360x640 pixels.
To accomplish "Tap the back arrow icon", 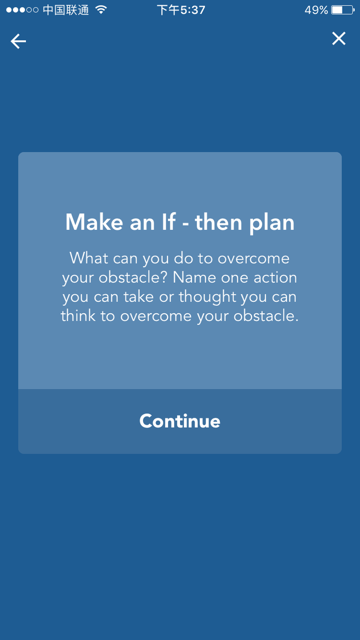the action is click(18, 41).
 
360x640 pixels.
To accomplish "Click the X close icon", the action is click(339, 38).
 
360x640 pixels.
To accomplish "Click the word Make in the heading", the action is click(94, 222).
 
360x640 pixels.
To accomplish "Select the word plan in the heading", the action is click(271, 223).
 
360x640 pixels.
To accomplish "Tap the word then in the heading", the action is click(218, 222).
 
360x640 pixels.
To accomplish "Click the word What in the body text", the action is click(89, 258).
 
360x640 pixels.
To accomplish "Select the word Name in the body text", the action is click(194, 277).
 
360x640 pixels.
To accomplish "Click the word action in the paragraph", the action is click(275, 277).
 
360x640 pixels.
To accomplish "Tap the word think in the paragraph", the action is click(78, 315).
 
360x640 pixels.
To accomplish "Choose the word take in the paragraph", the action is click(138, 296).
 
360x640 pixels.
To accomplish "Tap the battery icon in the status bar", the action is click(343, 10).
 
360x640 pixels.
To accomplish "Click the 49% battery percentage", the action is click(316, 10).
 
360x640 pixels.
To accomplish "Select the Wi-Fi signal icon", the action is click(101, 9).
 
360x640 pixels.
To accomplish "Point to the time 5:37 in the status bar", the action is click(192, 10).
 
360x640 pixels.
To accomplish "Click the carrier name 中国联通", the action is click(66, 10).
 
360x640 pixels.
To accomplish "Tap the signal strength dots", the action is click(22, 10).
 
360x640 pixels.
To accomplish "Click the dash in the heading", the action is click(185, 223).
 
